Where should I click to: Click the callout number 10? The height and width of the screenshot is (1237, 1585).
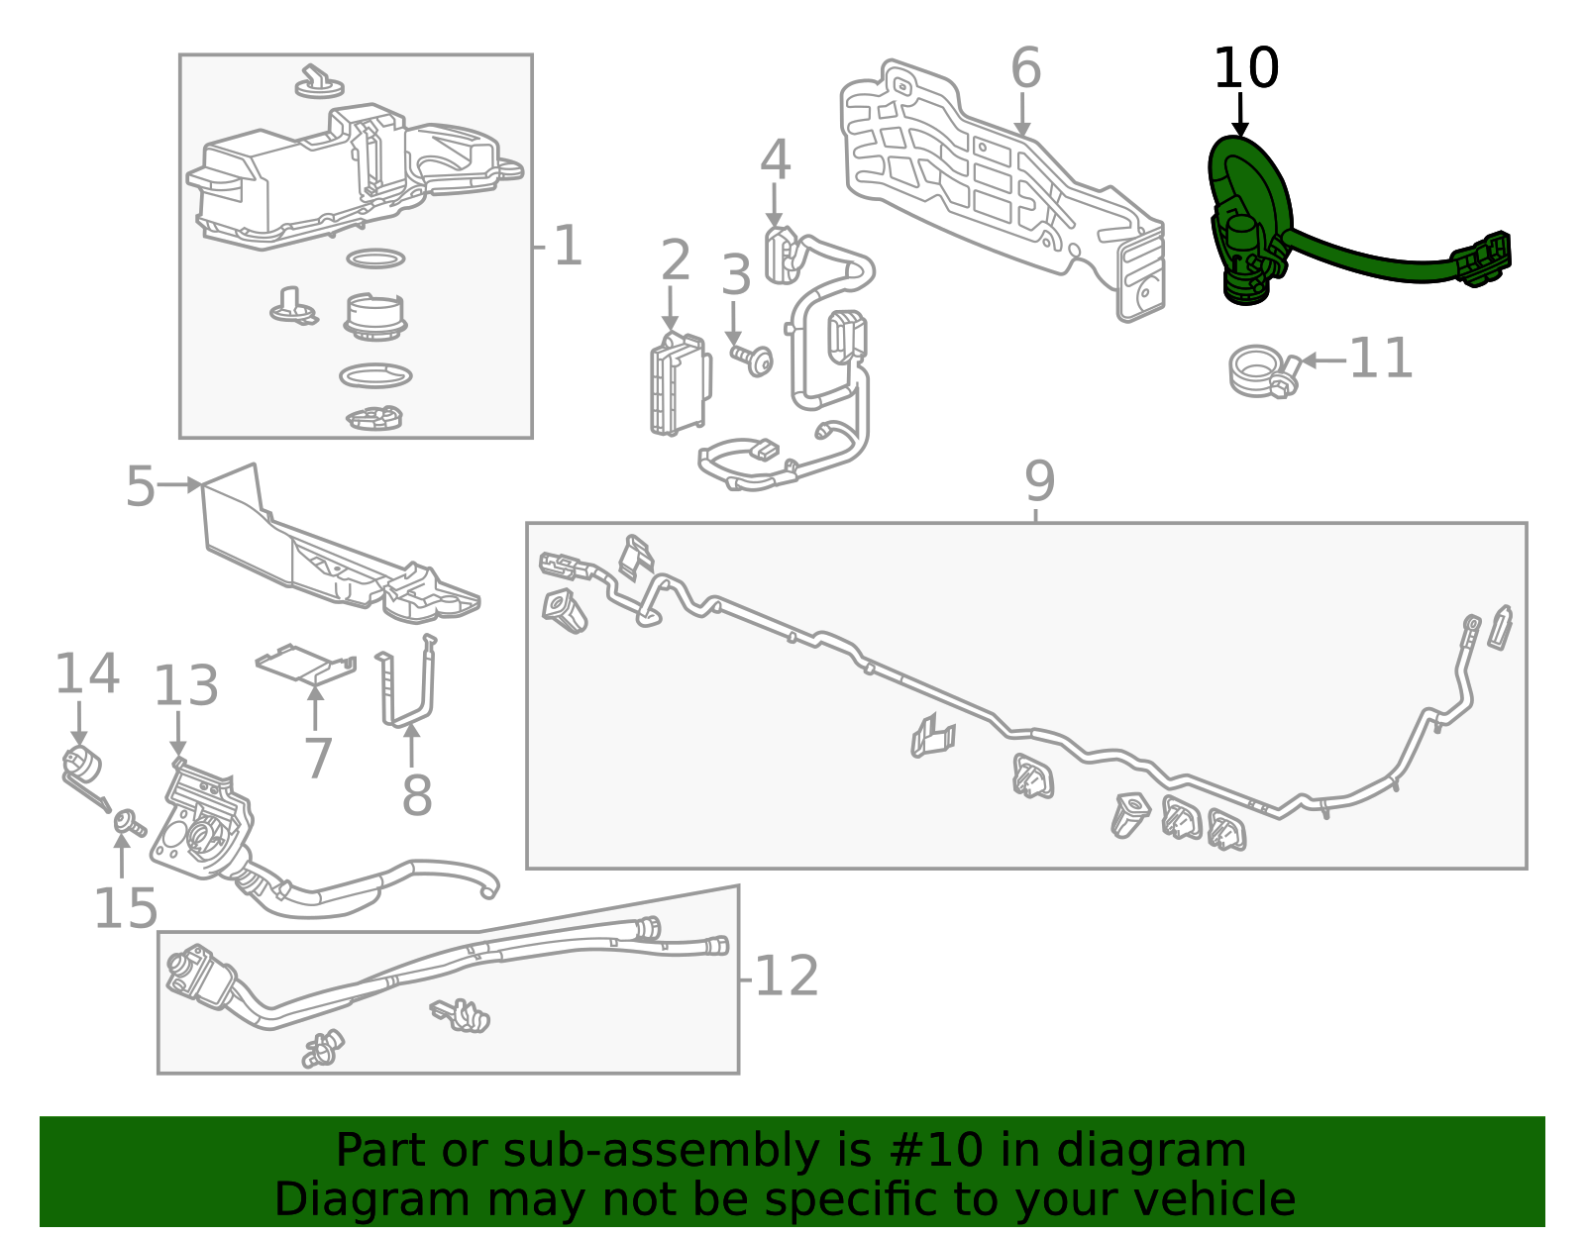[1246, 67]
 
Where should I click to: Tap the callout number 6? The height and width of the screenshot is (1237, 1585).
[1025, 67]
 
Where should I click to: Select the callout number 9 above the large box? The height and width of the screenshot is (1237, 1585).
[1039, 481]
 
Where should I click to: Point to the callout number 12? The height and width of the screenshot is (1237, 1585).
[787, 976]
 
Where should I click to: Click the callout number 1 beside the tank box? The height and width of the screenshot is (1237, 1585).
[569, 246]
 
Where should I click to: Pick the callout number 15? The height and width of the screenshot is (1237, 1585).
[126, 908]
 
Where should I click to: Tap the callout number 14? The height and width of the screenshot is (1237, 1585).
[87, 673]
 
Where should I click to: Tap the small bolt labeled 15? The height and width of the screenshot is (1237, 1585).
[130, 822]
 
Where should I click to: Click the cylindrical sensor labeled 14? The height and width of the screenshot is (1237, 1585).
[81, 769]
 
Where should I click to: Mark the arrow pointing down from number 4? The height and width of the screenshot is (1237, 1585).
[774, 205]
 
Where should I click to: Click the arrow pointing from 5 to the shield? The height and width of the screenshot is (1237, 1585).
[179, 484]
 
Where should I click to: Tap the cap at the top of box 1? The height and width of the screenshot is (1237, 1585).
[320, 81]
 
